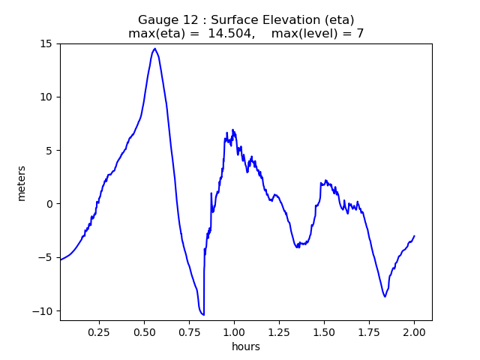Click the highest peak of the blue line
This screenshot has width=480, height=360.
[x=154, y=49]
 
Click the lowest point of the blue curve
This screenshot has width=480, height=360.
[x=203, y=314]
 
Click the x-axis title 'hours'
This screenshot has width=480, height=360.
[x=246, y=346]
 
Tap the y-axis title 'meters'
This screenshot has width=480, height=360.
[x=22, y=182]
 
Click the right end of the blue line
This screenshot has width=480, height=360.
[x=414, y=235]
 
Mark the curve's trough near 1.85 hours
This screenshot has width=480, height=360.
[x=385, y=296]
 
